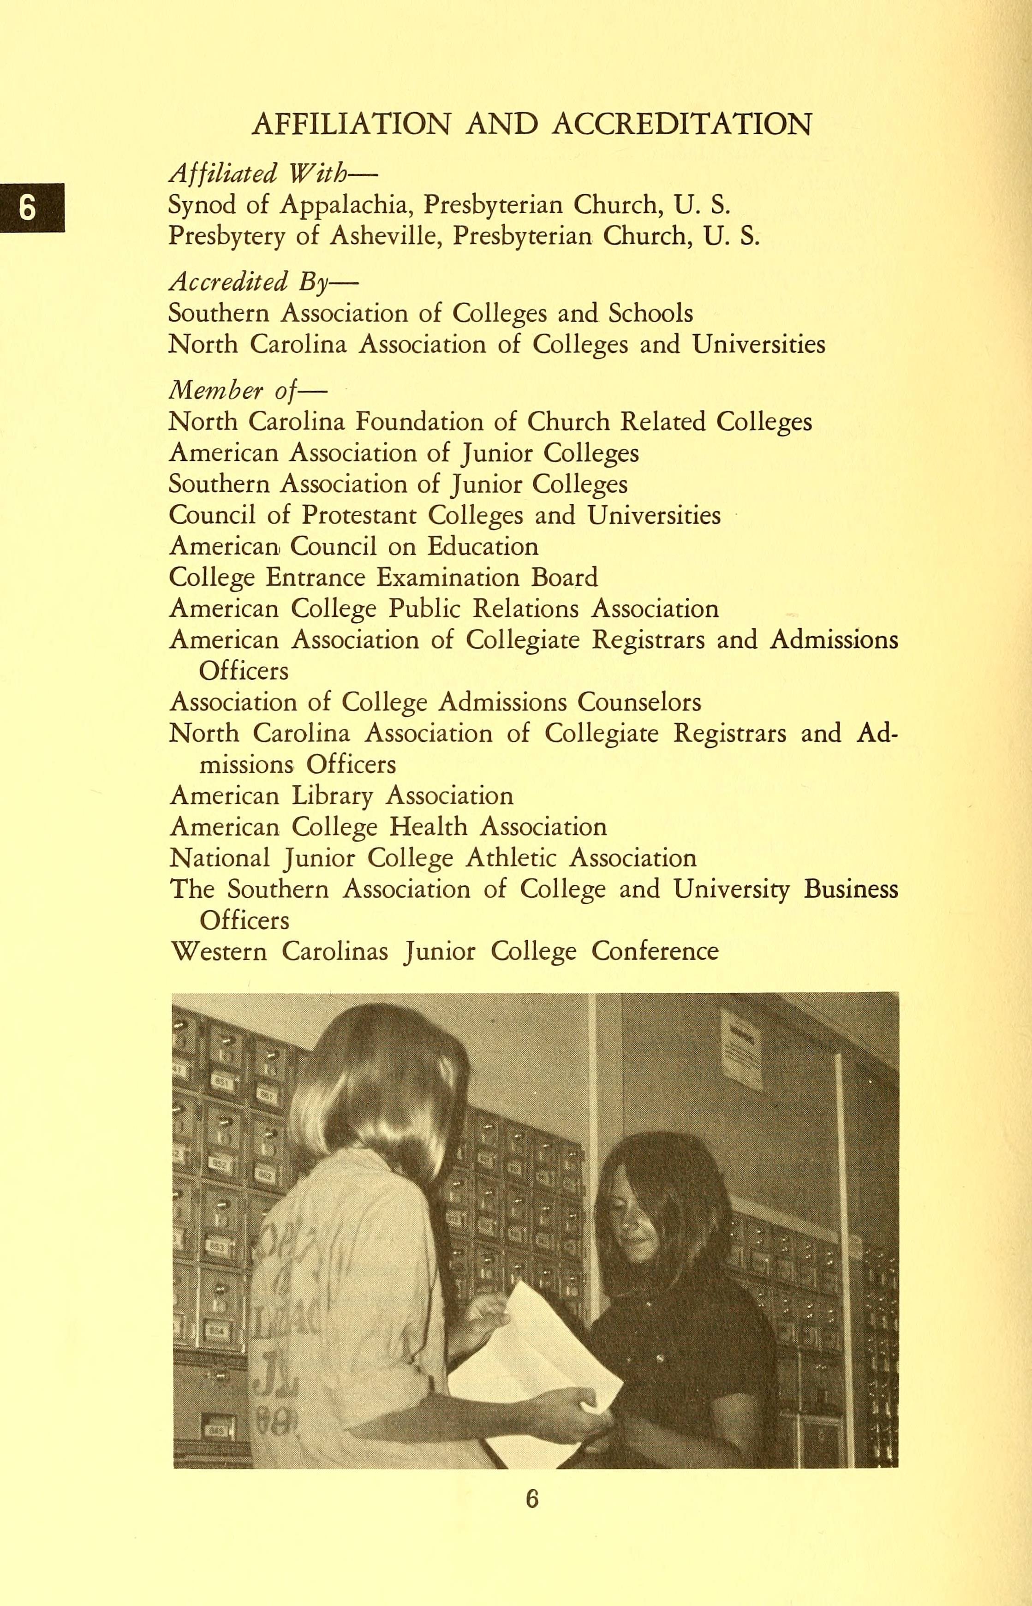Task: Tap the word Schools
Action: (650, 313)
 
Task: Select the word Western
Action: (219, 951)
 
